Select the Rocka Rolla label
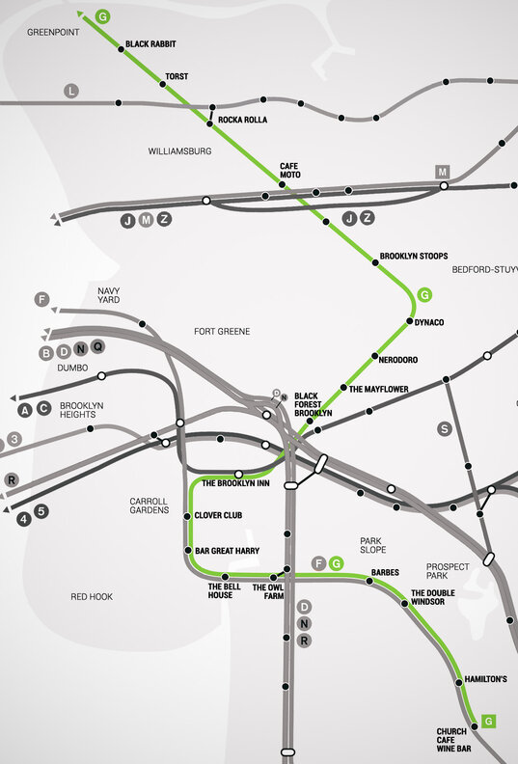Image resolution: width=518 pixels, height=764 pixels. coord(242,120)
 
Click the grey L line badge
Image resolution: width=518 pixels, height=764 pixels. coord(70,91)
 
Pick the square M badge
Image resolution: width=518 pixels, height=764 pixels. coord(443,172)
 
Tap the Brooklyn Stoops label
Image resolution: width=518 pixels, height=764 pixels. coord(413,256)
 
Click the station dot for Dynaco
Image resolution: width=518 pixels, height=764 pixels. coord(410,320)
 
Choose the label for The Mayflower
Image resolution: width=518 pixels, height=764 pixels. coord(379,390)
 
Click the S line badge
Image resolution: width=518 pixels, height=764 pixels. coord(444,428)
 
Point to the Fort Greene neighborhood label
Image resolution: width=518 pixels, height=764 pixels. coord(222,332)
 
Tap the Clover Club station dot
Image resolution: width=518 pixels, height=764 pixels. coord(187,516)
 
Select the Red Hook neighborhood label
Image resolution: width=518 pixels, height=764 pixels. coord(92,597)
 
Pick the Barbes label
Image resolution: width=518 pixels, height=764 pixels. coord(385,572)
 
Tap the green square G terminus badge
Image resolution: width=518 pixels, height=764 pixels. coord(489,721)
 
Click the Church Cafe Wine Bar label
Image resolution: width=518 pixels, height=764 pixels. coord(452,739)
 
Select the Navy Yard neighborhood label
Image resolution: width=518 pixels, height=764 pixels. coord(108,294)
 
